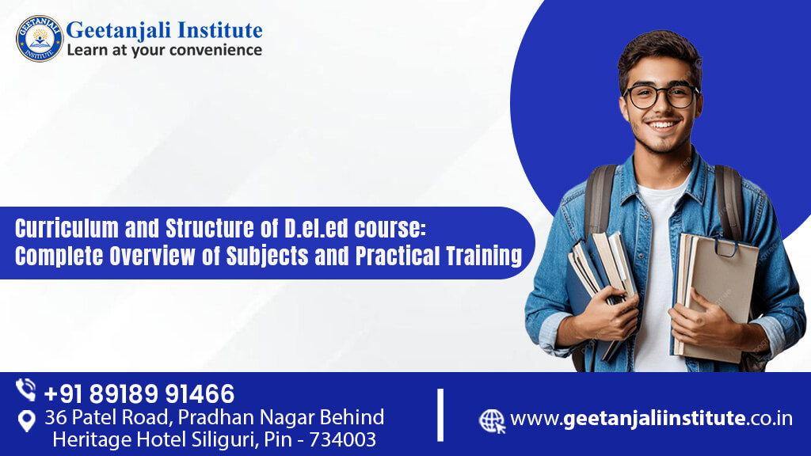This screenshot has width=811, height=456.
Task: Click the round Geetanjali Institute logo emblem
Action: [x=39, y=38]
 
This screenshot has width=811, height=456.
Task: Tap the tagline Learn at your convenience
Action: [x=164, y=50]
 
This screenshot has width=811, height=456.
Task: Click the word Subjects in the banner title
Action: [x=314, y=256]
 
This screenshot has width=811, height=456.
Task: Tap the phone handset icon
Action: [x=26, y=390]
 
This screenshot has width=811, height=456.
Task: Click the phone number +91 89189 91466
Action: [x=139, y=393]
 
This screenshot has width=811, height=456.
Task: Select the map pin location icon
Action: [x=26, y=421]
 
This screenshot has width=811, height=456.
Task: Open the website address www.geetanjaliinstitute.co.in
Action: [x=651, y=419]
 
